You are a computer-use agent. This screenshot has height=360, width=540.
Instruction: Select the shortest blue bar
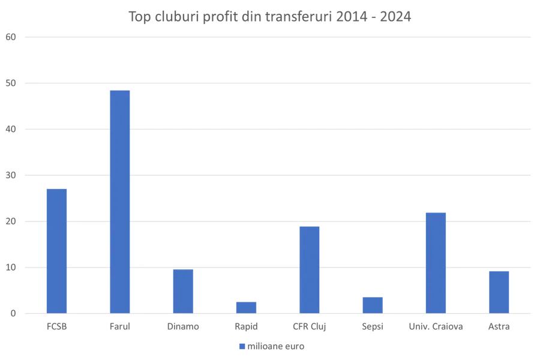246,306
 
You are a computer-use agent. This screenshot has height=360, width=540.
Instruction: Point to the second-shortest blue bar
372,304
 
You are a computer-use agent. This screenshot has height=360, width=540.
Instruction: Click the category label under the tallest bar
119,327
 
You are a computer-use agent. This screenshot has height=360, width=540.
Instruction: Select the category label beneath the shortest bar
246,327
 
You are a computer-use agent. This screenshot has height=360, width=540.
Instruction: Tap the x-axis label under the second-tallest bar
57,327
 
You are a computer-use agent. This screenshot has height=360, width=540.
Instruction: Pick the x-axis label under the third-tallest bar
436,327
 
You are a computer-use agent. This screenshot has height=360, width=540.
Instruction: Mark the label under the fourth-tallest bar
310,327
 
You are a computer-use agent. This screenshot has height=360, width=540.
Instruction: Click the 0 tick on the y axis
13,313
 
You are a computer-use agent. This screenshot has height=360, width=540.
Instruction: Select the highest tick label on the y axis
13,37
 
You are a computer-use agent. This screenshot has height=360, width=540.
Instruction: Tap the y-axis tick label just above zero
13,268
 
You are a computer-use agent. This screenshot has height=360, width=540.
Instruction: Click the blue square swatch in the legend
241,346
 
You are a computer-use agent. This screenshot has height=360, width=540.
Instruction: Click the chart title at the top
270,16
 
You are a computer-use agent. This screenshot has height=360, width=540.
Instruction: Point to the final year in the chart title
397,16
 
